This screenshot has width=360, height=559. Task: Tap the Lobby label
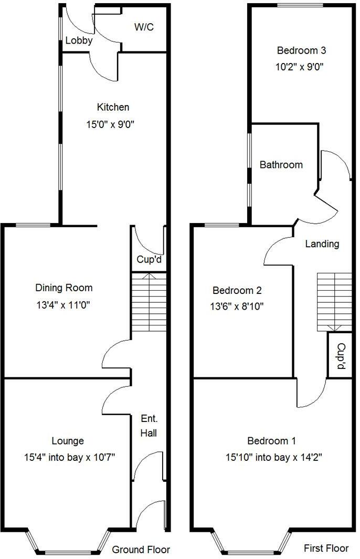(79, 40)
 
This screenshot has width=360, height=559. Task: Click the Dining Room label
(63, 288)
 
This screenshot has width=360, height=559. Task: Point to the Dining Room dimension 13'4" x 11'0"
(63, 304)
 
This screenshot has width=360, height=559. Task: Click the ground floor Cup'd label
(149, 259)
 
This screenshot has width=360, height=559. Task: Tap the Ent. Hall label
(149, 426)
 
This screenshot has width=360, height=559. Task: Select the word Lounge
(68, 441)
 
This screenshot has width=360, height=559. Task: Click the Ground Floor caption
(141, 550)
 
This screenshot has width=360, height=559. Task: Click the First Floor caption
(326, 548)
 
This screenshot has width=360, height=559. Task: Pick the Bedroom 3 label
(301, 51)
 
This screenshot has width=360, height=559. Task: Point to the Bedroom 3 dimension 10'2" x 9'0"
(301, 67)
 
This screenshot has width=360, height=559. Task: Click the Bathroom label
(281, 165)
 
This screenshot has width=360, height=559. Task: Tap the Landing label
(322, 244)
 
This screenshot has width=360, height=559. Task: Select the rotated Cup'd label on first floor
(340, 355)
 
